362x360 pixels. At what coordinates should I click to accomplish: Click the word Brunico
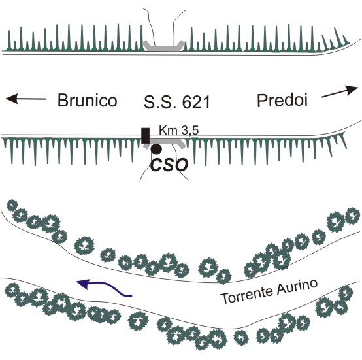(x=88, y=100)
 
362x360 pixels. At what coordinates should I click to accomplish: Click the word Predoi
(x=282, y=101)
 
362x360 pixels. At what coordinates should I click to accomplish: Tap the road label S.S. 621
(x=177, y=102)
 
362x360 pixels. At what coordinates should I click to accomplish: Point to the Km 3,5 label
(x=178, y=131)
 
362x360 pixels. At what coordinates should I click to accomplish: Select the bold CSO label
(x=169, y=165)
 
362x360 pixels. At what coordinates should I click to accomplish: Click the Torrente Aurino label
(x=269, y=291)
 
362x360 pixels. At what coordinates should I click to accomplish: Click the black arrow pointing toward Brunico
(x=26, y=99)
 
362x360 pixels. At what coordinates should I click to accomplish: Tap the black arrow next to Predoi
(x=340, y=91)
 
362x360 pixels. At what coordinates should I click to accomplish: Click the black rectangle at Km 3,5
(x=146, y=136)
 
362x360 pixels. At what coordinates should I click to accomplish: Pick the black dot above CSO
(x=156, y=149)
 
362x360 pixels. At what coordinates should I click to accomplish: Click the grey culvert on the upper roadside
(x=163, y=46)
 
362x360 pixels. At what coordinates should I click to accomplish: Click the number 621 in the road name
(x=196, y=103)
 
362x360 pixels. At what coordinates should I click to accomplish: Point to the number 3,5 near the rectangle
(x=189, y=131)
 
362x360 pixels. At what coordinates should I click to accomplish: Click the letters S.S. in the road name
(x=161, y=102)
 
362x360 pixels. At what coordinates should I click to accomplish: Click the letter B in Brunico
(x=62, y=100)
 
